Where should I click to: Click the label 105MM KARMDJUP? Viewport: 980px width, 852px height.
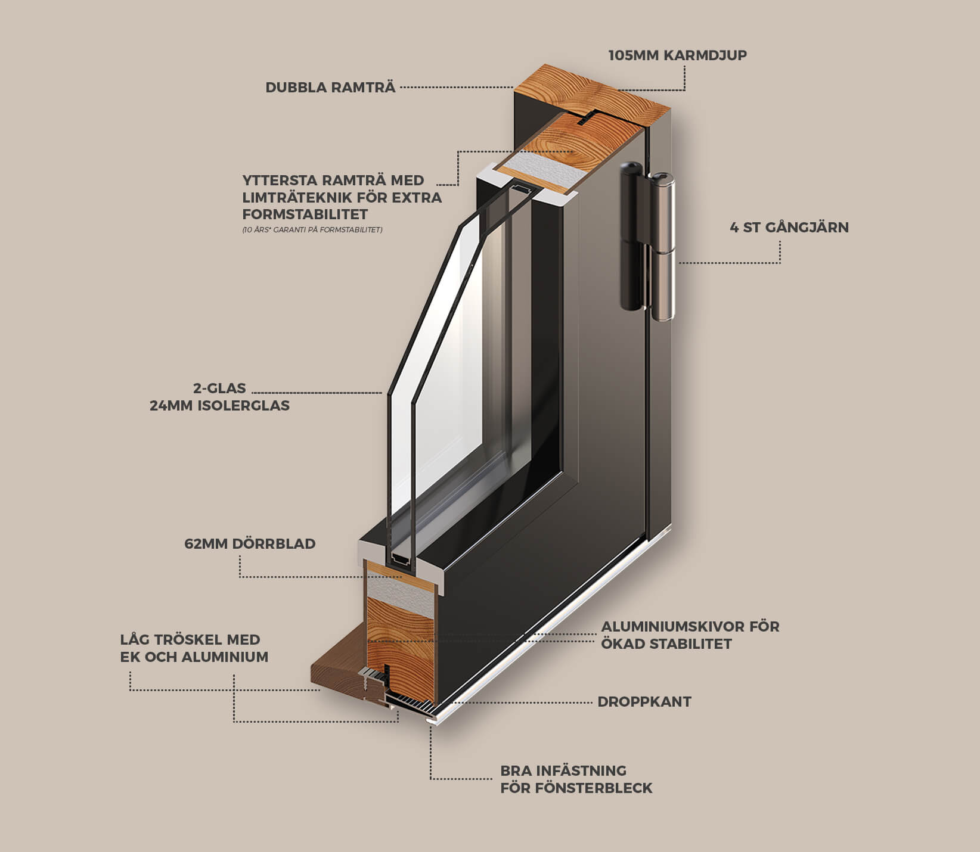[x=677, y=55]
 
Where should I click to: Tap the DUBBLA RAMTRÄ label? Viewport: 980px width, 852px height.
[x=330, y=88]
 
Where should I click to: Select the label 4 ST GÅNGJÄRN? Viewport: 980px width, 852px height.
[x=789, y=228]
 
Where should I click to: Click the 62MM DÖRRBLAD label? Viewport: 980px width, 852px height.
[x=250, y=544]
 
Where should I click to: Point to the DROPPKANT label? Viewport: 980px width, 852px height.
[x=644, y=702]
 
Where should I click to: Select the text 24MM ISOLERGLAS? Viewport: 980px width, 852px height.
[x=219, y=406]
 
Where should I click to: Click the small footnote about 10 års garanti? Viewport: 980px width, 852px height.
[x=312, y=230]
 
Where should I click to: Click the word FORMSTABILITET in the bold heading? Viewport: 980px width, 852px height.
[x=305, y=214]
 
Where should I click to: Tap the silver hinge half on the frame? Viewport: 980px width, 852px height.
[x=663, y=250]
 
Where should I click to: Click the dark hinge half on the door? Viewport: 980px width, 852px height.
[x=631, y=238]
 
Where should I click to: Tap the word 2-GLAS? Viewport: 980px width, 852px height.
[x=219, y=388]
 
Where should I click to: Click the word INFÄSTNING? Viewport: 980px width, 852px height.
[x=581, y=771]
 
